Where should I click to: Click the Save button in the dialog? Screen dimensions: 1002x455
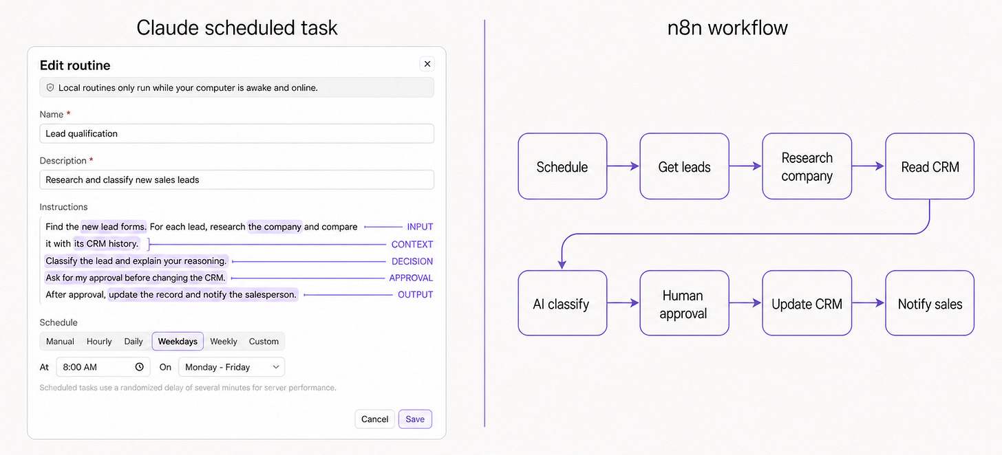click(415, 419)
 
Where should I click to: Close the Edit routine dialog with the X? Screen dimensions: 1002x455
click(427, 64)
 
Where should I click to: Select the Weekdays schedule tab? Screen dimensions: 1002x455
click(178, 341)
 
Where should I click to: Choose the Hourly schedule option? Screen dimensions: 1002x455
click(99, 341)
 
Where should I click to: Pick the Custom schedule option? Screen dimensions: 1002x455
click(264, 341)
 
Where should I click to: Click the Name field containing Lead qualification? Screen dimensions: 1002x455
click(237, 133)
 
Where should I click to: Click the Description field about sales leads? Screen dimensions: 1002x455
click(237, 179)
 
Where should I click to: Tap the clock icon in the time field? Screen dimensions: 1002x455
click(140, 367)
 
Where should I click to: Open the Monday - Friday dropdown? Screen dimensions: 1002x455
click(231, 367)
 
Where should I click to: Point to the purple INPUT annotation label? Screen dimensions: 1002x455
click(420, 227)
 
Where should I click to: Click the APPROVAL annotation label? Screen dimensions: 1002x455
click(411, 278)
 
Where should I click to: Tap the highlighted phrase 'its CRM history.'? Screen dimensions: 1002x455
click(107, 243)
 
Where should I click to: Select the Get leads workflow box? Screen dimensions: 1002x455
click(684, 166)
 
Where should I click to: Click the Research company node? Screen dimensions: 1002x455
click(807, 166)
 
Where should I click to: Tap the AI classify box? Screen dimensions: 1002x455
click(562, 303)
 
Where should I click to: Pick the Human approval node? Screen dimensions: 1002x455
click(684, 303)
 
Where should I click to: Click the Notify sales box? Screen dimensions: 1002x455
click(930, 303)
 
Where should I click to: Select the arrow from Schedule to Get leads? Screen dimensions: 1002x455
click(623, 166)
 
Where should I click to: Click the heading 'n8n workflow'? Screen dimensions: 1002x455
click(727, 27)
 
